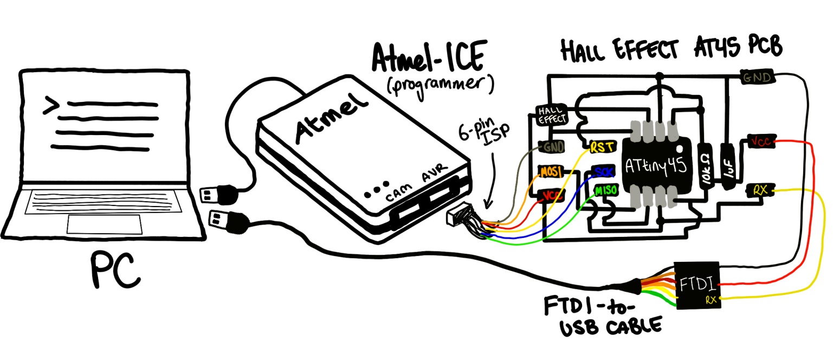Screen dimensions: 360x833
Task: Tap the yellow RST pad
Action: (x=602, y=146)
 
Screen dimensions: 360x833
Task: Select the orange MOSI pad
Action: (x=551, y=172)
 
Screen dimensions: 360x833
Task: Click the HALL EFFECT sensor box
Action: (x=551, y=114)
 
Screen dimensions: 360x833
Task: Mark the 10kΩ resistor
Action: (x=706, y=165)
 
